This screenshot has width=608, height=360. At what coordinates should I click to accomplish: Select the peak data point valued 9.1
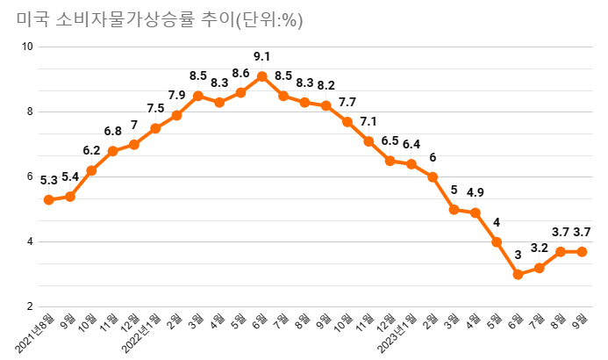coord(261,76)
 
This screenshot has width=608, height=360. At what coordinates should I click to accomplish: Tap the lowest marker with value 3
coord(518,275)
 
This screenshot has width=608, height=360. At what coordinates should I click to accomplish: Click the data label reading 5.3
coord(49,181)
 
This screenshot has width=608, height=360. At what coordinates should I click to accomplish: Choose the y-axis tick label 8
coord(30,112)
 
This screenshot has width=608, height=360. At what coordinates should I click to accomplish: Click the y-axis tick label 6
coord(30,176)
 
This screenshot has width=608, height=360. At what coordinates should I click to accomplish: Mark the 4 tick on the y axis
coord(30,241)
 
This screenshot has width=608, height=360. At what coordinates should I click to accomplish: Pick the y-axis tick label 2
coord(30,306)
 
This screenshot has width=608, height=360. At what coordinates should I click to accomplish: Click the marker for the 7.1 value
coord(368,141)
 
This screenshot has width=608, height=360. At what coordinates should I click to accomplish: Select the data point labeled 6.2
coord(91,170)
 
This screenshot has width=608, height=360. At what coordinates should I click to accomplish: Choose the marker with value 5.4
coord(70,197)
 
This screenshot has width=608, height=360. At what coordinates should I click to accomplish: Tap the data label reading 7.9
coord(176,96)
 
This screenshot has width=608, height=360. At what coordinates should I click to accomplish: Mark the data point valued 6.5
coord(390,161)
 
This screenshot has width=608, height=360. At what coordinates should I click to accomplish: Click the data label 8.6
coord(240,73)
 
